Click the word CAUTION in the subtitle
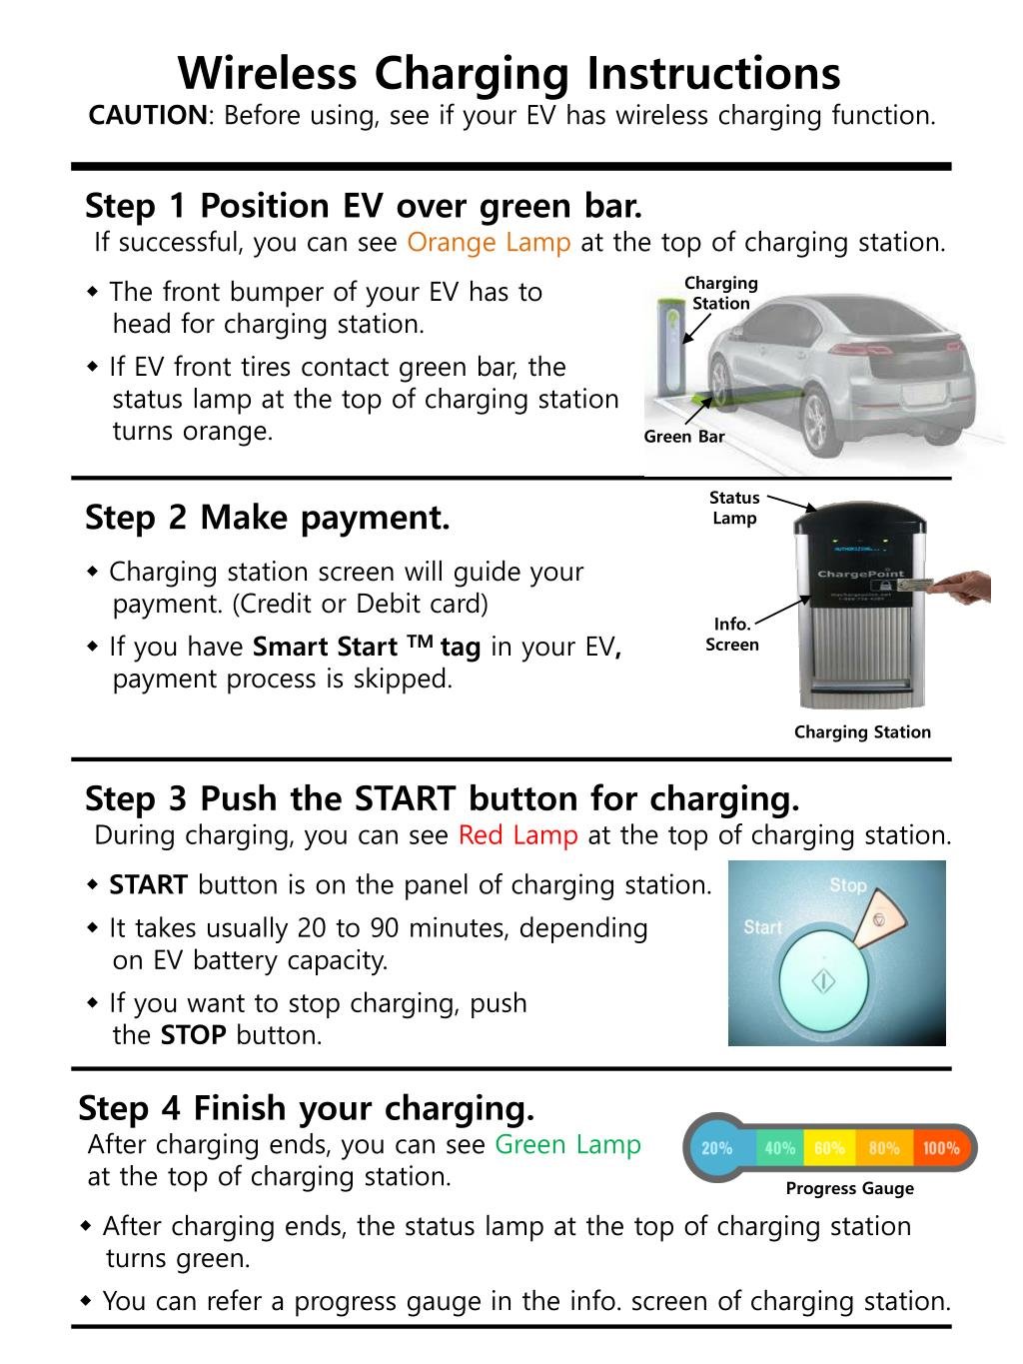coord(147,116)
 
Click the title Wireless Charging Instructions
coord(510,73)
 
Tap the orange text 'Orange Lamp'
coord(489,243)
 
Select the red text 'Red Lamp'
coord(517,835)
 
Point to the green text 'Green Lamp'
coord(567,1145)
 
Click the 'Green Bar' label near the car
coord(683,437)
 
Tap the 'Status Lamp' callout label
coord(734,508)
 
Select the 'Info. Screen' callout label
coord(732,635)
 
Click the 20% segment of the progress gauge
coord(716,1148)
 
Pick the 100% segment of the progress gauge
coord(940,1148)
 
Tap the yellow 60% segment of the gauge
coord(829,1148)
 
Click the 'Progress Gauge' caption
coord(849,1188)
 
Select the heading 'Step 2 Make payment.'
coord(267,518)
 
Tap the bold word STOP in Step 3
coord(193,1035)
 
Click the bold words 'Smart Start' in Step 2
coord(325,648)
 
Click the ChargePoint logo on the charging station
coord(860,574)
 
